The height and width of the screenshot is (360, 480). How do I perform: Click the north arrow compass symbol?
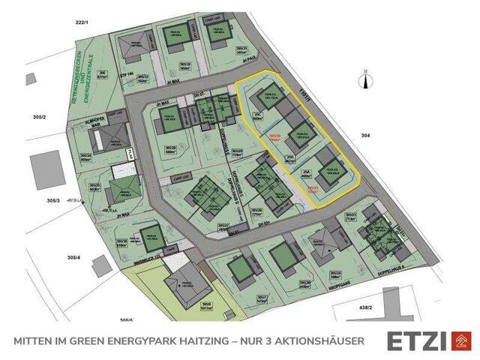click(366, 79)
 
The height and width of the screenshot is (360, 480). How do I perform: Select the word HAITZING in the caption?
click(188, 341)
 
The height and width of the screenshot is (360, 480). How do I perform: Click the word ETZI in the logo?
click(417, 340)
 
